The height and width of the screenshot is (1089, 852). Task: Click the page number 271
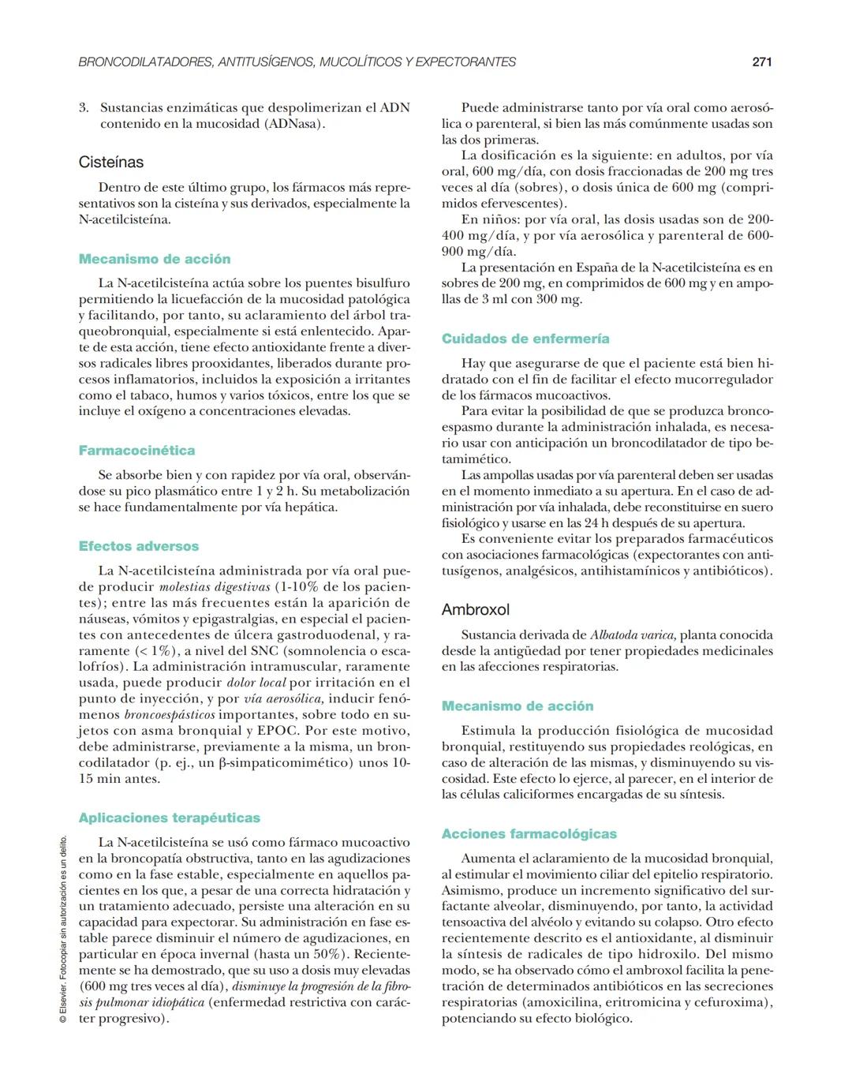coord(761,62)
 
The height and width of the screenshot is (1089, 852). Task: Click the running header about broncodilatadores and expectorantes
coord(297,62)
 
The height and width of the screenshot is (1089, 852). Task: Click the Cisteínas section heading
coord(111,163)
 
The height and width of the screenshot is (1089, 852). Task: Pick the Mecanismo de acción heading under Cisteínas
coord(155,259)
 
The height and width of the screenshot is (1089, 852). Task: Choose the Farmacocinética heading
coord(136,451)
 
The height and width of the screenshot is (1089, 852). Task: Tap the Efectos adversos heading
coord(139,546)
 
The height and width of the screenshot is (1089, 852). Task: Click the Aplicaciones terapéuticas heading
coord(170,818)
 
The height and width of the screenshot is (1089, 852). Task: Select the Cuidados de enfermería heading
coord(525,339)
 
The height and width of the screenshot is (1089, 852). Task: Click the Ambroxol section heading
coord(476,610)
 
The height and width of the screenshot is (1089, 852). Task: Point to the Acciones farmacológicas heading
coord(529,834)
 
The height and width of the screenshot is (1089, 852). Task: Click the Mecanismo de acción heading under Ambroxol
coord(518,706)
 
